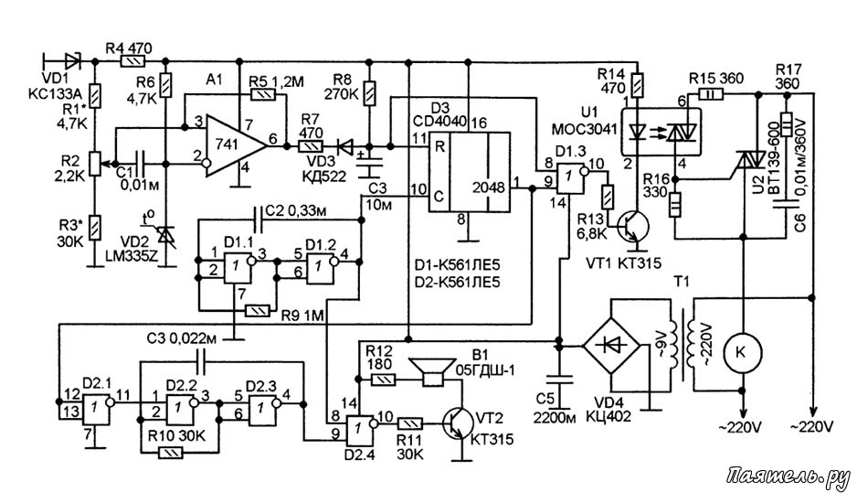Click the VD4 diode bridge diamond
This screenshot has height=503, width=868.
[611, 347]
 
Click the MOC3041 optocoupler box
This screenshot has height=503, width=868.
[661, 132]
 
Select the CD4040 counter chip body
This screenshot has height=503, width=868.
[469, 172]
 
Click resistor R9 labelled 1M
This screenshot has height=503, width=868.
[258, 311]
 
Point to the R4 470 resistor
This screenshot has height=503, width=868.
[132, 60]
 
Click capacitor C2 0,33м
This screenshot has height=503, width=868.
[258, 220]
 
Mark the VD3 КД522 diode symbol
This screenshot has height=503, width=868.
[345, 147]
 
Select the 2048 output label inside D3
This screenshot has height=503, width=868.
[488, 188]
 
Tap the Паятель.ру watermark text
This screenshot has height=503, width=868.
[788, 477]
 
